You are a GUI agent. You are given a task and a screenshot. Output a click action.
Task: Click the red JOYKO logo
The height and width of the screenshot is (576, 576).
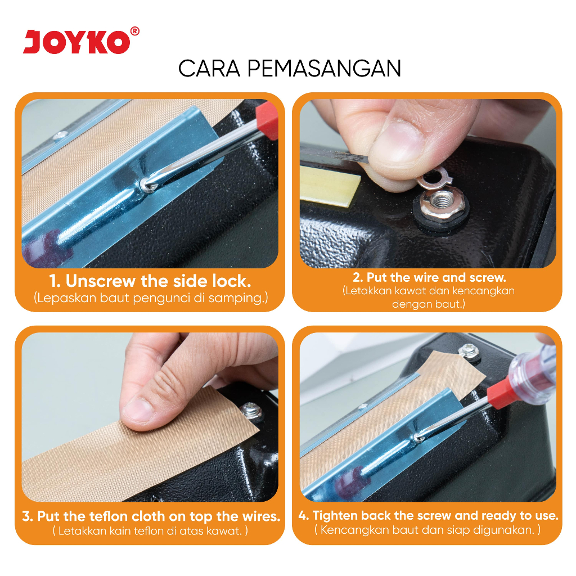coord(76,42)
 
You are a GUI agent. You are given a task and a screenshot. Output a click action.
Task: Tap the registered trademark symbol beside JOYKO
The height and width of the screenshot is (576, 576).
coord(135,31)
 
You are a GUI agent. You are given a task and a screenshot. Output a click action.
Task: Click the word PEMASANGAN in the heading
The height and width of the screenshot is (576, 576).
coord(323,68)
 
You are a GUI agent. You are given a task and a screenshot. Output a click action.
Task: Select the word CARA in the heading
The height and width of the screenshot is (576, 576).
coord(209,68)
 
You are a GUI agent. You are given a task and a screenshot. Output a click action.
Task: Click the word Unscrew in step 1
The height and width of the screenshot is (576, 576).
coord(100,281)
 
